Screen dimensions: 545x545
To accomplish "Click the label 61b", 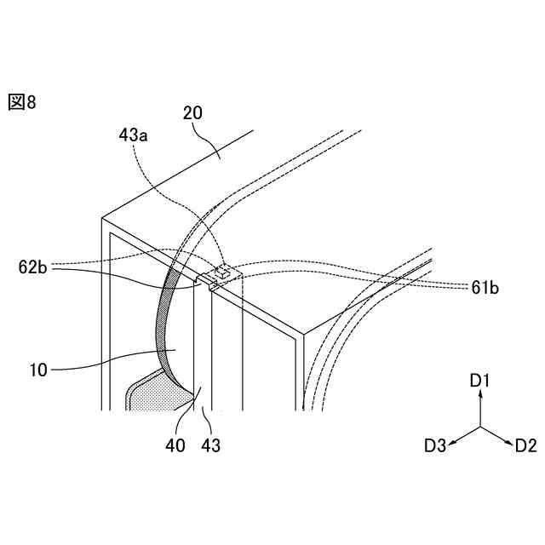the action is (483, 288).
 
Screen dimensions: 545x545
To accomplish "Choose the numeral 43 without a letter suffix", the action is (209, 445).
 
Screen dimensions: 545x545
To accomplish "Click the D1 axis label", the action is (480, 381).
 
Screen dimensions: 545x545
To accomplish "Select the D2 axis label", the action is (525, 445).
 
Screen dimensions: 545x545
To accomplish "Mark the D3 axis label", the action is (435, 445).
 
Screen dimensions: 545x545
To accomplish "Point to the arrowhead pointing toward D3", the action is (453, 441).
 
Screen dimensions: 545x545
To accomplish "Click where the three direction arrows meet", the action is (480, 427).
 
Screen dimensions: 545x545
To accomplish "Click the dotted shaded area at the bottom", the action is (153, 397).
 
